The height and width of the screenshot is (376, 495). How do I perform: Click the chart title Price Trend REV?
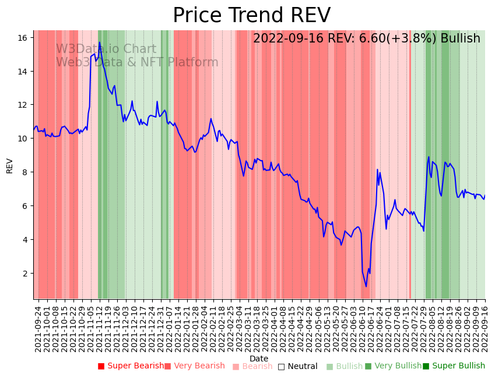251,16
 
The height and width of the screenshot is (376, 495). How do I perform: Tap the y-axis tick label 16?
23,38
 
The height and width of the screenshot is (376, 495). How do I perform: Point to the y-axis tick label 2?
25,274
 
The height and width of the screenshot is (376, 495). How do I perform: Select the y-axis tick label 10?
23,139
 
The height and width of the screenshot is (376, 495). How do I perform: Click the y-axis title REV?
9,165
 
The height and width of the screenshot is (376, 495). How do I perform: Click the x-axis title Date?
259,359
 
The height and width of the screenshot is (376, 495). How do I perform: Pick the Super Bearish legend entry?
131,366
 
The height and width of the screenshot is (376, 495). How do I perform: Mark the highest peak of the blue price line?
99,42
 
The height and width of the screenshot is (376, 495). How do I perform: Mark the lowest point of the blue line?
366,286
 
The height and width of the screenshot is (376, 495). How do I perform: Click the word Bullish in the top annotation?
460,38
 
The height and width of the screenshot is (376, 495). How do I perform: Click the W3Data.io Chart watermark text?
106,49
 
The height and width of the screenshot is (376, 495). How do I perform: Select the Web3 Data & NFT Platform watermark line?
137,62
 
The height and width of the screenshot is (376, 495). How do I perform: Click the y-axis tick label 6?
25,206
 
